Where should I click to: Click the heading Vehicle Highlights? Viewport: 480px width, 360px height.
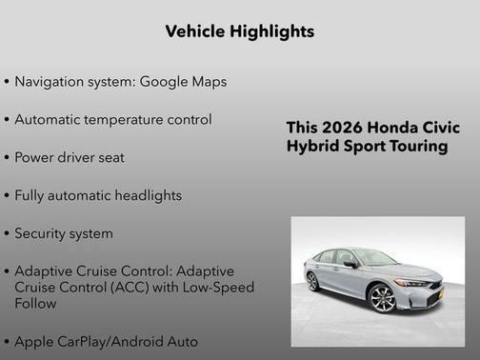(239, 31)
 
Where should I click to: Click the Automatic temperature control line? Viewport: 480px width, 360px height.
(112, 120)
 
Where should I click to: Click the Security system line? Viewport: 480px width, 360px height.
(63, 233)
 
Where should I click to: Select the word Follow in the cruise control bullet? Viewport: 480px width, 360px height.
(35, 304)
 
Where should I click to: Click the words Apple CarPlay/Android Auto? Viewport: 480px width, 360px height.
(106, 341)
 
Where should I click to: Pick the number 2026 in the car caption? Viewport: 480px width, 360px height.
(342, 129)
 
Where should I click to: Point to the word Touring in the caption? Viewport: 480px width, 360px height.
(416, 147)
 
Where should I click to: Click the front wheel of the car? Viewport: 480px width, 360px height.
(382, 300)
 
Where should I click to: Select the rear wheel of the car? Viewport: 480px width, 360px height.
(312, 282)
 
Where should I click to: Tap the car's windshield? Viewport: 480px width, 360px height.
(374, 258)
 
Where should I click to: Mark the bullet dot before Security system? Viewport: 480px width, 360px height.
(8, 233)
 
